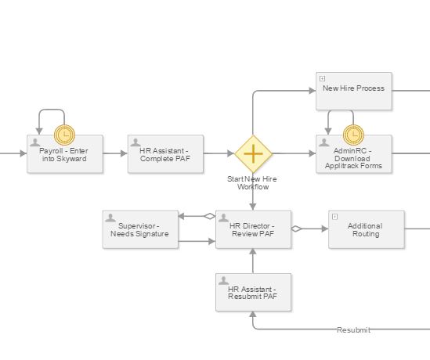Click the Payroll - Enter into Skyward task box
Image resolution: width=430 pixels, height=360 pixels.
(x=65, y=154)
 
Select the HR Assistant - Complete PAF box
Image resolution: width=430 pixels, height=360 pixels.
(x=165, y=154)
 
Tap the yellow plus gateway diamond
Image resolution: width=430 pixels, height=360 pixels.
(x=254, y=153)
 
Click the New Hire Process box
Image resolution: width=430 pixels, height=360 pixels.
(x=354, y=92)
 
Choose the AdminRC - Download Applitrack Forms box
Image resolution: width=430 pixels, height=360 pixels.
(x=354, y=154)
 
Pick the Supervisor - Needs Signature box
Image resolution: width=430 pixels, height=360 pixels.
(x=140, y=229)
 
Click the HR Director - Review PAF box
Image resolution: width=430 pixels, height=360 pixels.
(x=254, y=229)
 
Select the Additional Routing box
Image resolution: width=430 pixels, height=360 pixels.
(x=367, y=229)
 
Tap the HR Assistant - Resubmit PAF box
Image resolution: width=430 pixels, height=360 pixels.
(x=254, y=293)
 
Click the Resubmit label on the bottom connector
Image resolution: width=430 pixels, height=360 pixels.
(x=353, y=329)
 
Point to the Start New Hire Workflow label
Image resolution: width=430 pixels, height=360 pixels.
(x=252, y=183)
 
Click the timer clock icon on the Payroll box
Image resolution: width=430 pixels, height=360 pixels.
(x=65, y=135)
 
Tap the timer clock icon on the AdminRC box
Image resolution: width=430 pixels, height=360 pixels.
(x=353, y=135)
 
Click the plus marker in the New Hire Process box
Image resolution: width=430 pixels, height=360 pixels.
(x=323, y=79)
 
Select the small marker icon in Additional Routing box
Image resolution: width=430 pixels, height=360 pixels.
(x=335, y=217)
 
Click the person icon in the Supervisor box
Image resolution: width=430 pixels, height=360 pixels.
(x=110, y=218)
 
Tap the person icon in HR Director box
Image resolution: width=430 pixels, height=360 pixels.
(x=223, y=218)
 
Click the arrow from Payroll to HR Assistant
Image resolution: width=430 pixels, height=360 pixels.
(x=115, y=153)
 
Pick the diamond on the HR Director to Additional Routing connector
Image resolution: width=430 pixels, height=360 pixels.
(x=297, y=229)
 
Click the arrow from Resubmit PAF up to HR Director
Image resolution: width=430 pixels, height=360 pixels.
(x=253, y=261)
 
